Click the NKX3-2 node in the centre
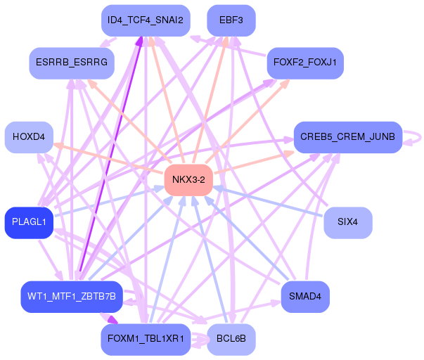pos(188,180)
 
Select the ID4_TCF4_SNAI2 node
pos(146,20)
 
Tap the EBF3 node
pos(231,20)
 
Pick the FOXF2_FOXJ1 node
pos(304,63)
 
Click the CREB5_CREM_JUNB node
pos(347,136)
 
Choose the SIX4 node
pos(347,222)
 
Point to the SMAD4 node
pos(304,297)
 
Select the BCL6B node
pos(231,339)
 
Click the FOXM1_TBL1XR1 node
pos(146,339)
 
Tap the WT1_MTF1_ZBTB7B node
pos(72,297)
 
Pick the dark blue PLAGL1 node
pos(29,222)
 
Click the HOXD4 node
pos(29,136)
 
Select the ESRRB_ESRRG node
pos(71,63)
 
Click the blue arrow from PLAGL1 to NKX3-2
pos(105,202)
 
